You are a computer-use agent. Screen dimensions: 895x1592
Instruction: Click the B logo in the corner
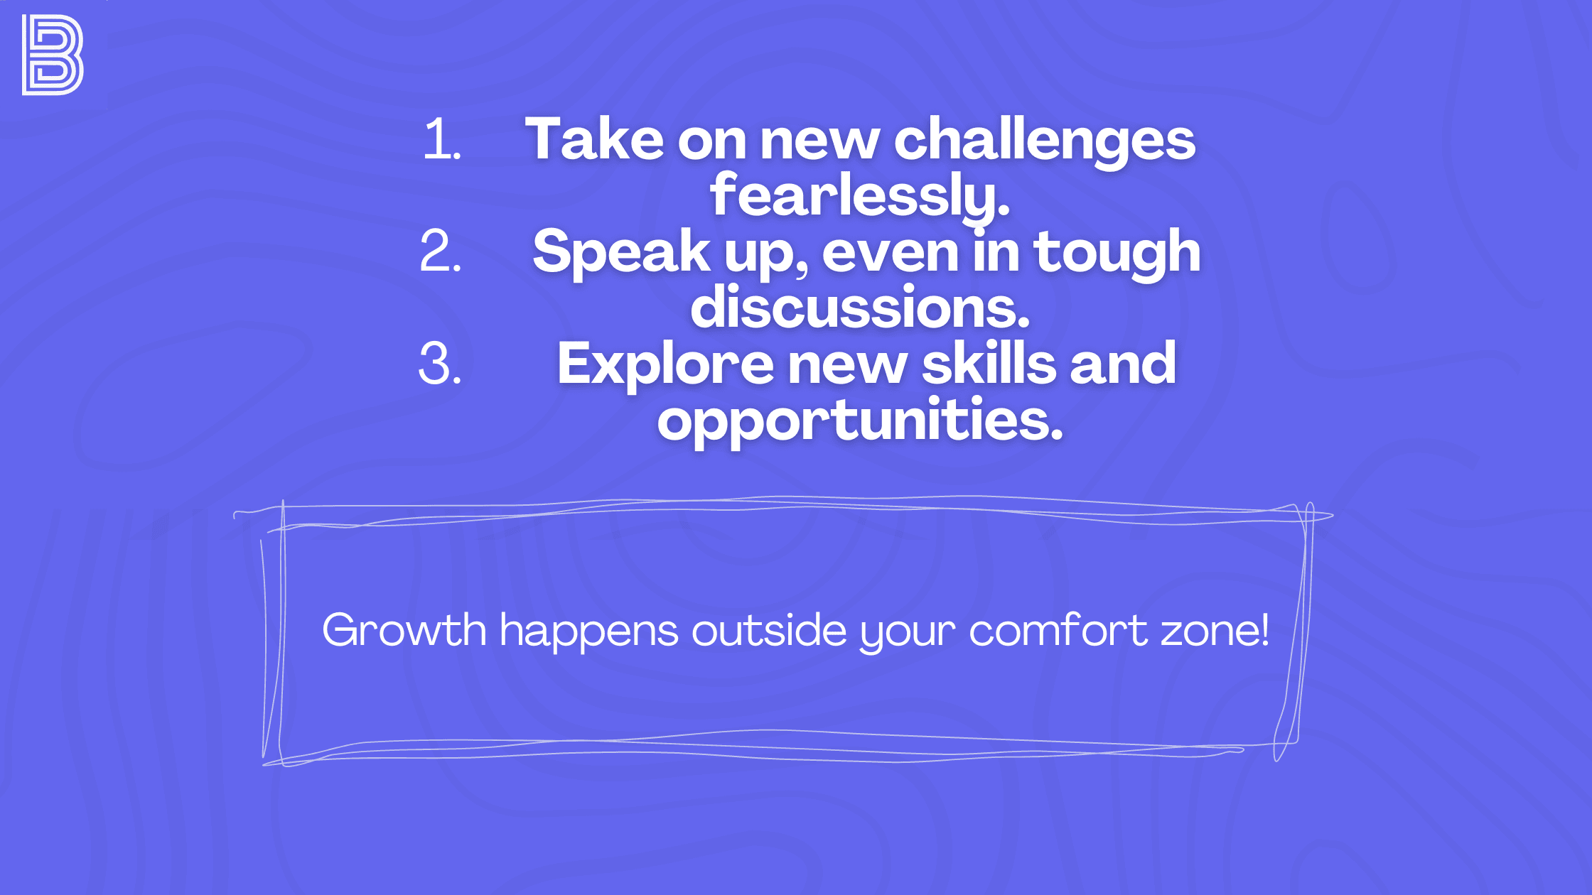53,55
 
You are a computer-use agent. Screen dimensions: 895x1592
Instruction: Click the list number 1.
441,139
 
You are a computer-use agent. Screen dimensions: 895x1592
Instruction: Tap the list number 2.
441,251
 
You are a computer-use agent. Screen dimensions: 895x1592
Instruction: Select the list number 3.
440,364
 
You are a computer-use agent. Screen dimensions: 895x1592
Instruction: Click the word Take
594,139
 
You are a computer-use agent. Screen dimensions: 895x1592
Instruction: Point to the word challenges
1044,141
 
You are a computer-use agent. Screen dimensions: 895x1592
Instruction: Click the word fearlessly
859,195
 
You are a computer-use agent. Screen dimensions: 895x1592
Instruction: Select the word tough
1117,251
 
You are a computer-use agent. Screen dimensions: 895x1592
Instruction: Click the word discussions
860,308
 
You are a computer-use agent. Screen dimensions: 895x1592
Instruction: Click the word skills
989,364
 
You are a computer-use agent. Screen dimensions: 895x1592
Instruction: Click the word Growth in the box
404,630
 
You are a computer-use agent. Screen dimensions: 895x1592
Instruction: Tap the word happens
588,631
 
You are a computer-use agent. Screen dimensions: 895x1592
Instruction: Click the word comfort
1058,630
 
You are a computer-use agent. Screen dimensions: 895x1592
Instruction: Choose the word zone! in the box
1215,630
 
